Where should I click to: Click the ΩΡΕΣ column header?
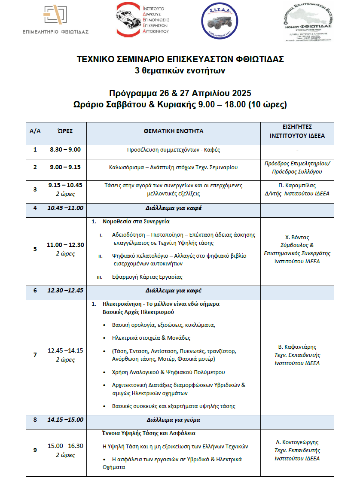(65, 131)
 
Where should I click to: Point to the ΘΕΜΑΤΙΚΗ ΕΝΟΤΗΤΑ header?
(174, 131)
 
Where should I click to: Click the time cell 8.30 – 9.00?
(65, 150)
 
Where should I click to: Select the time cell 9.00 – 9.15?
(65, 167)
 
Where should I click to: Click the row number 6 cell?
(35, 290)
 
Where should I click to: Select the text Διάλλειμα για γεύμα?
(174, 420)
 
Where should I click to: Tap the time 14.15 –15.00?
(65, 420)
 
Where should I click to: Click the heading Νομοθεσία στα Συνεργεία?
(136, 222)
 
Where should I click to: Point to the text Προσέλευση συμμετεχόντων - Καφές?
(174, 150)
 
